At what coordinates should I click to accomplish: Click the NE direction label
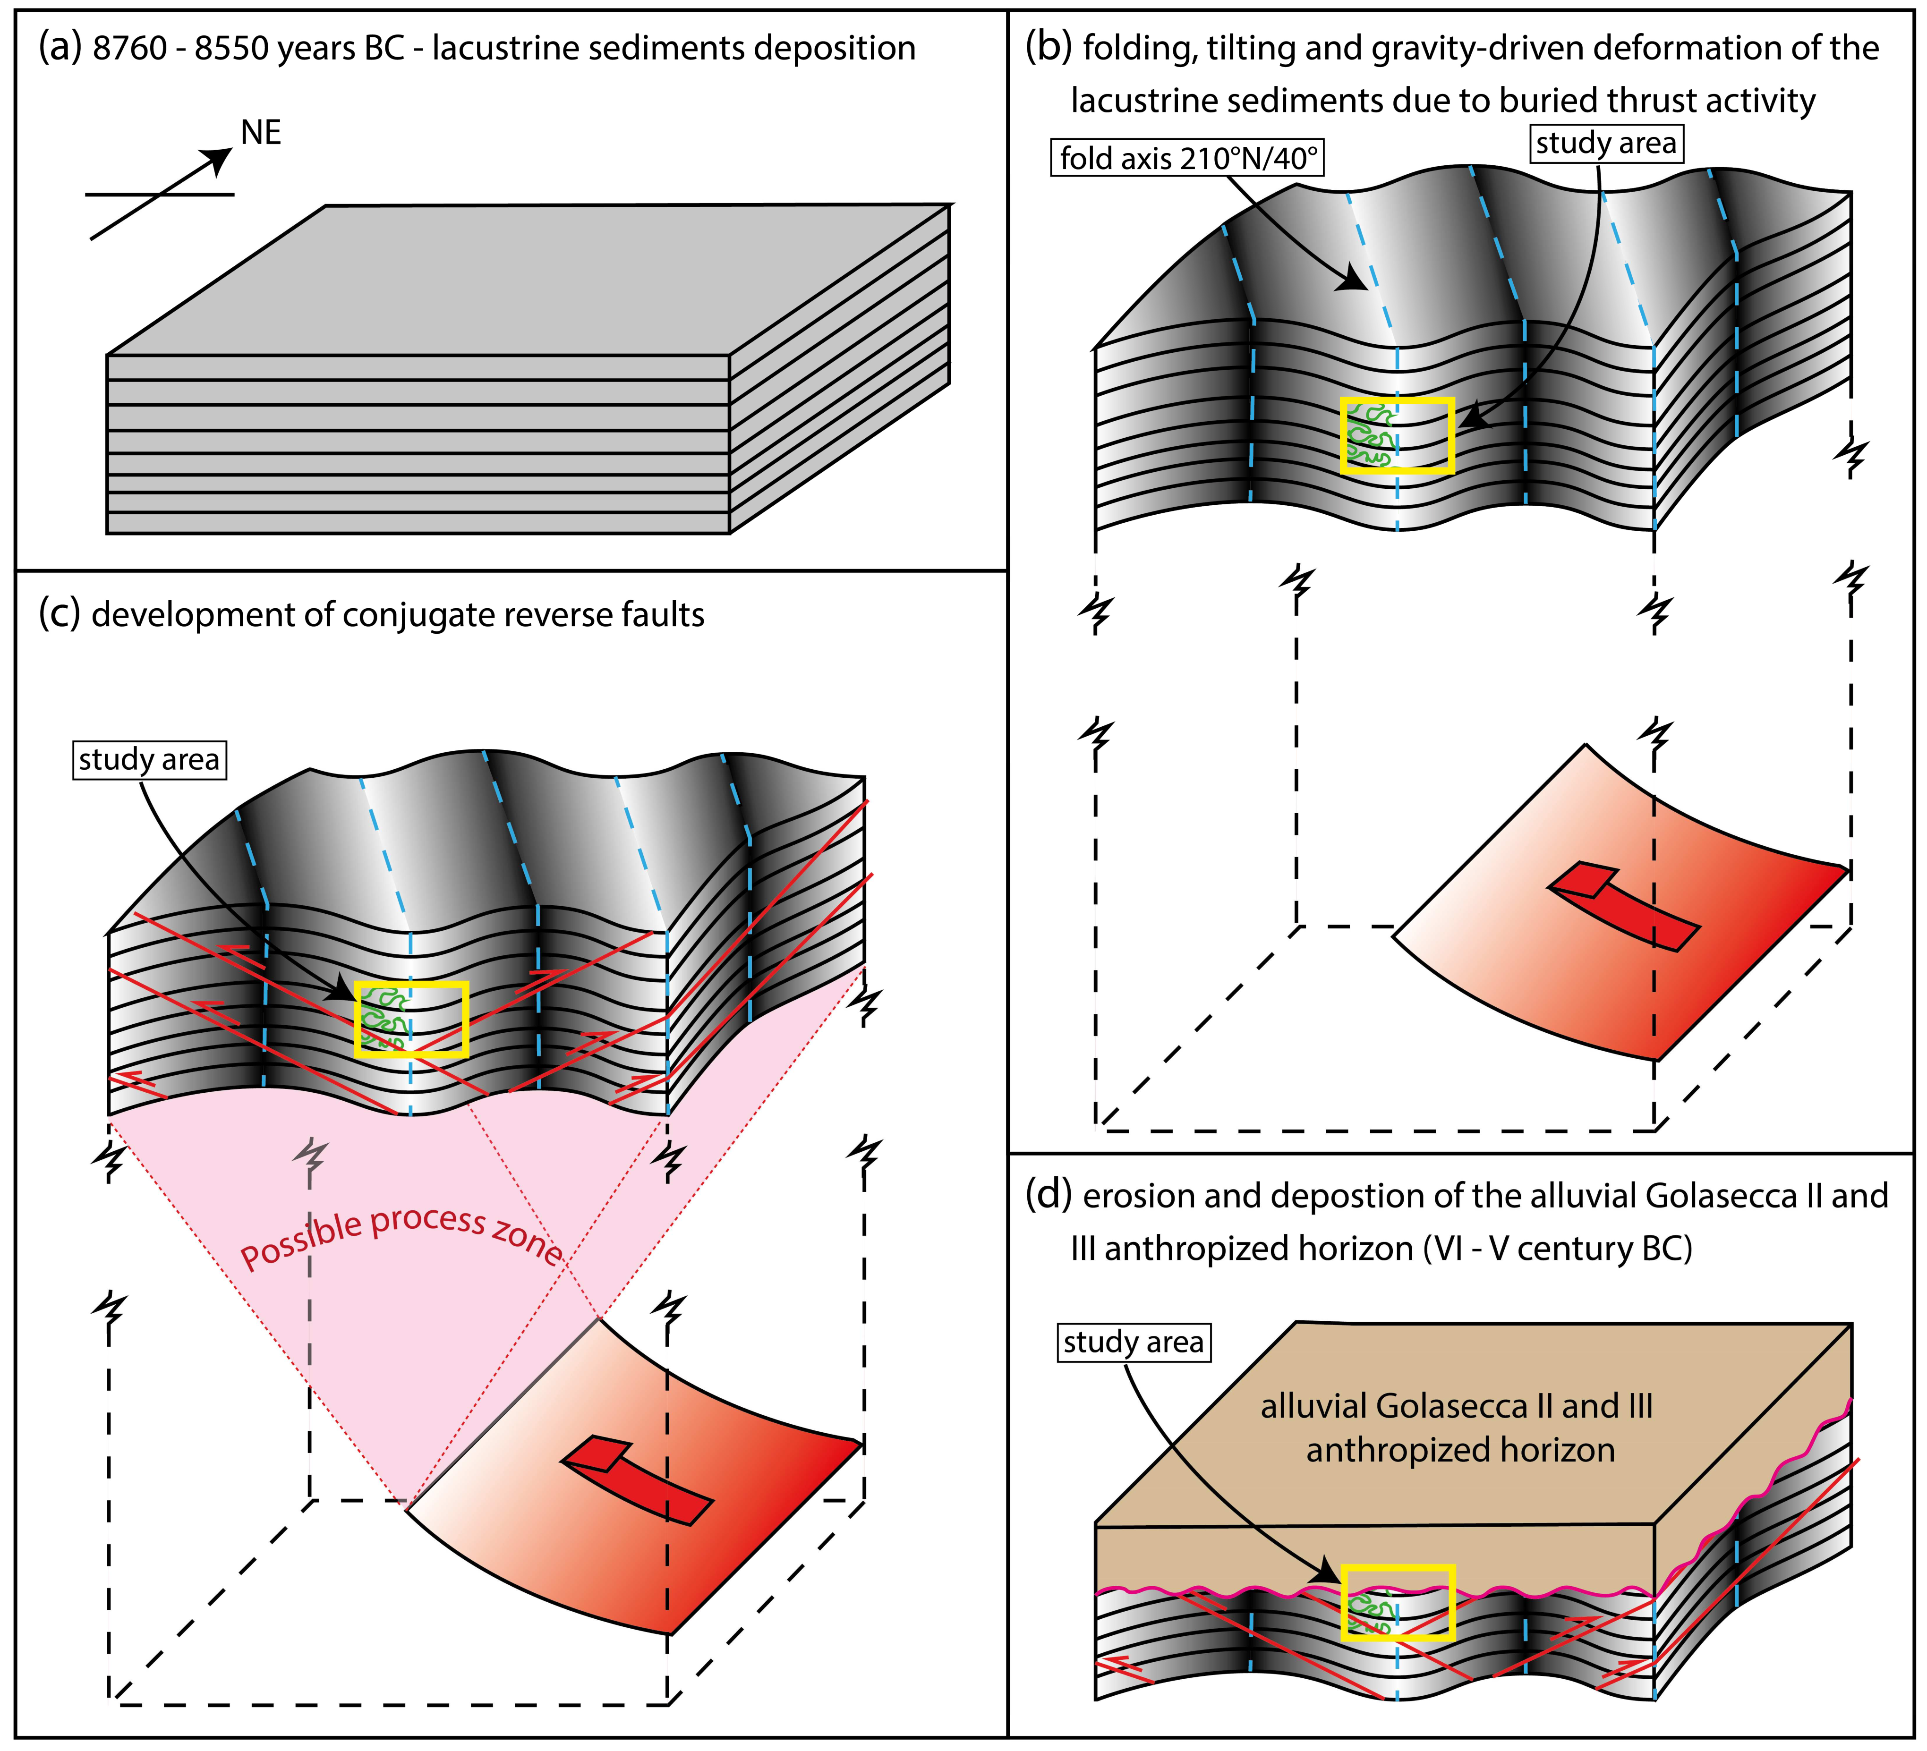[x=261, y=133]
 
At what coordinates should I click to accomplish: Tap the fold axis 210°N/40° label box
[x=1189, y=158]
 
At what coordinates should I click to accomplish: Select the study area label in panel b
[x=1606, y=144]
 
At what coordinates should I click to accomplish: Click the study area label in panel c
[x=149, y=760]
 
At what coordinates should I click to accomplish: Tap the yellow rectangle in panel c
[x=411, y=1019]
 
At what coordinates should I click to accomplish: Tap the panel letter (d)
[x=1048, y=1196]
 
